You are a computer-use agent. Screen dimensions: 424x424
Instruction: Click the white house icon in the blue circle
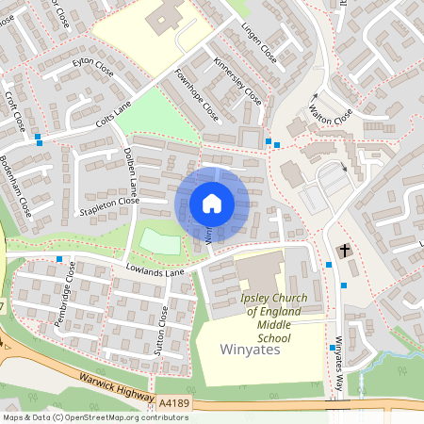pyautogui.click(x=212, y=204)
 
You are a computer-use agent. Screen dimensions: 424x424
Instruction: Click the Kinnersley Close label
pyautogui.click(x=238, y=82)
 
